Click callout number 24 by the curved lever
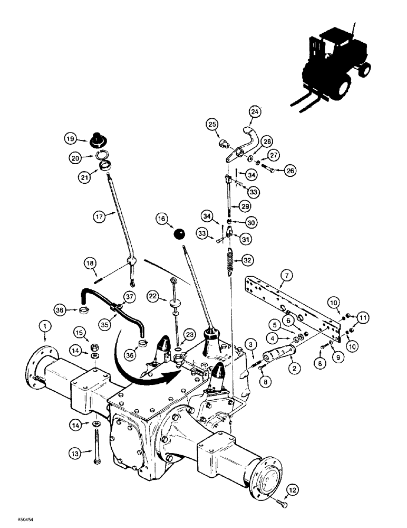tap(255, 112)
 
